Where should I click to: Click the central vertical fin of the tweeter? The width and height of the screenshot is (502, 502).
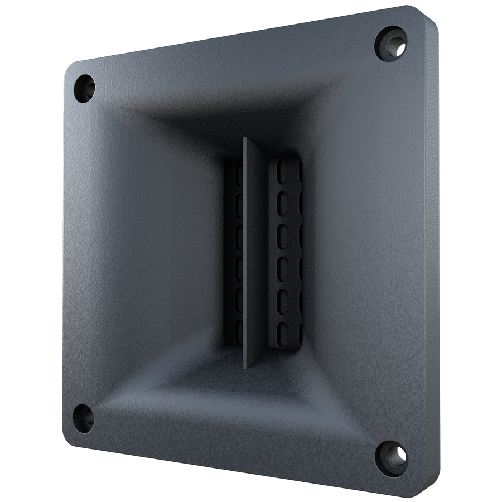tap(253, 251)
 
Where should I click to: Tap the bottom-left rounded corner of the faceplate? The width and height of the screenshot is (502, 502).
tap(70, 441)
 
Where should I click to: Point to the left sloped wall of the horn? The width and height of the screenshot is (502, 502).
tap(151, 251)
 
